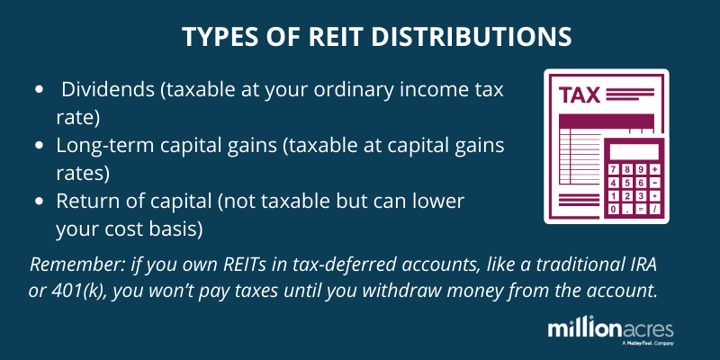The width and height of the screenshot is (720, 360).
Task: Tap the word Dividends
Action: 108,89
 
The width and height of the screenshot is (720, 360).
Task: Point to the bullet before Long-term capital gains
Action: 39,145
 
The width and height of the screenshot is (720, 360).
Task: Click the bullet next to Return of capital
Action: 39,201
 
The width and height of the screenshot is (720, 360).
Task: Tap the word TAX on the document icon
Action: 580,95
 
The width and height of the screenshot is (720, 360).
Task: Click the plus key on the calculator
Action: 654,169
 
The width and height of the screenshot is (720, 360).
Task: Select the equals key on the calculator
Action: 641,210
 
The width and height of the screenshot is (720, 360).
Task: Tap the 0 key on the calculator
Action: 614,210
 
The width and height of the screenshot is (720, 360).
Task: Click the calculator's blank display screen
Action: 634,151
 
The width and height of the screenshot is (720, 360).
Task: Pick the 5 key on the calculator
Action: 627,183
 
